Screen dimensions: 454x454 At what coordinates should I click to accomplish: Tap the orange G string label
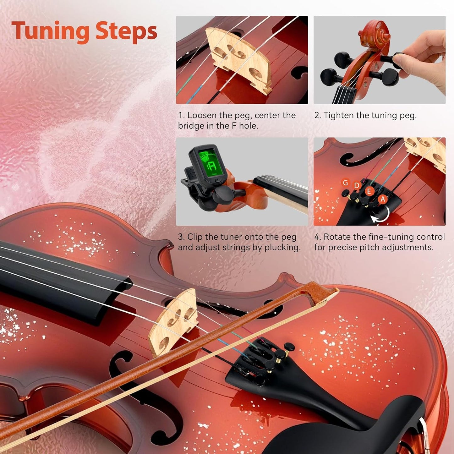(345, 183)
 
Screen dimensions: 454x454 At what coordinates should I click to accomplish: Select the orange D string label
(357, 185)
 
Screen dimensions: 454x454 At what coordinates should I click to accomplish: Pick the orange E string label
(369, 191)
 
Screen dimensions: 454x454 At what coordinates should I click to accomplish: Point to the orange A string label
(382, 199)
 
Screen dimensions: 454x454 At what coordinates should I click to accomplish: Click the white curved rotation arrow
(382, 217)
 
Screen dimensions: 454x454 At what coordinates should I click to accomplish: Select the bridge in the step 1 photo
(239, 60)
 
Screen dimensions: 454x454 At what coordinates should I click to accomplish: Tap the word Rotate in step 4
(337, 237)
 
